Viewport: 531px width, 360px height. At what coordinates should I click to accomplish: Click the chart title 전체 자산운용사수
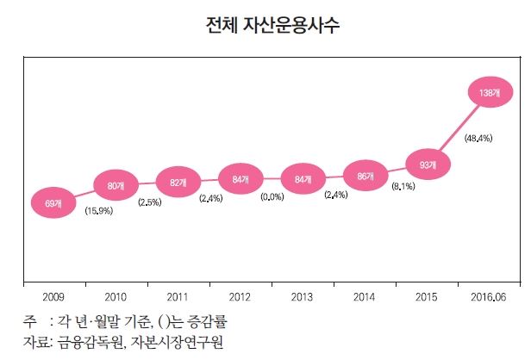[x=272, y=25]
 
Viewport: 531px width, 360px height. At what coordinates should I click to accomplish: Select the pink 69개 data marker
[x=52, y=204]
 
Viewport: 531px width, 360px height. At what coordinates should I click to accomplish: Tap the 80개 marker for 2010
[x=115, y=184]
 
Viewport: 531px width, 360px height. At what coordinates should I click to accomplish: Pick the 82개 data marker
[x=178, y=182]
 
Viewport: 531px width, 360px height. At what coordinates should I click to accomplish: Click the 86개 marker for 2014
[x=365, y=176]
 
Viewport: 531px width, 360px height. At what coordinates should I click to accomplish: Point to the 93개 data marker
[x=428, y=164]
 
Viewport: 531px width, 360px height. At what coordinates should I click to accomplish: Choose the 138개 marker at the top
[x=490, y=90]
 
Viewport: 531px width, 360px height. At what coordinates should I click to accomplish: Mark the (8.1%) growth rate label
[x=406, y=186]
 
